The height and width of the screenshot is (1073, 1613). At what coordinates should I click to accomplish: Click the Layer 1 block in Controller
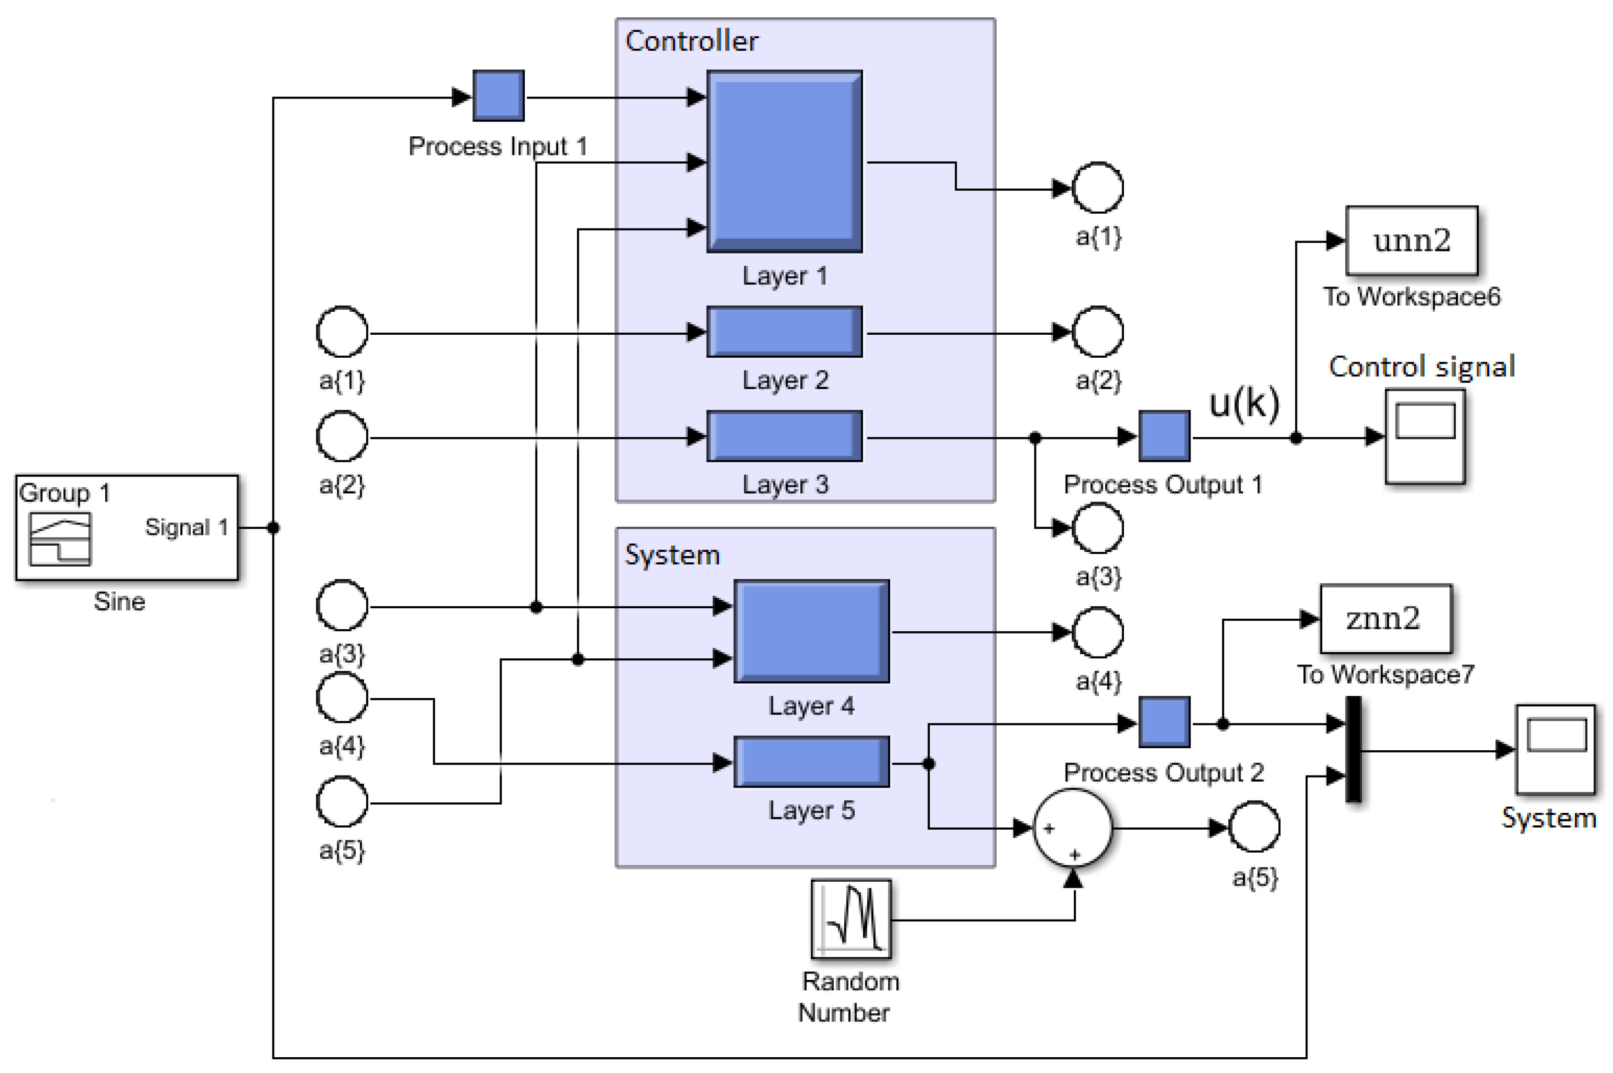784,162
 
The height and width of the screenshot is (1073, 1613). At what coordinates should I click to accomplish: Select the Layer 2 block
784,332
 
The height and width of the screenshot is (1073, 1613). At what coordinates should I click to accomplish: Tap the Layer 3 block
784,436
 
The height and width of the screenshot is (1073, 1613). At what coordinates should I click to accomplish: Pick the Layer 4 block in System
811,631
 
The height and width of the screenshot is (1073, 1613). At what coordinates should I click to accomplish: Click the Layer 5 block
811,762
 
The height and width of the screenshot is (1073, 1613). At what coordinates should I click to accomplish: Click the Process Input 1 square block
499,96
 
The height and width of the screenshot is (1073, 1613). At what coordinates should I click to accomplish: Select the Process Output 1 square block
1164,436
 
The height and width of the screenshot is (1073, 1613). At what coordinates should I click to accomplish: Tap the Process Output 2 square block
1164,722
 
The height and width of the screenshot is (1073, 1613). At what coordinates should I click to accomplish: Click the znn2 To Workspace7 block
1385,619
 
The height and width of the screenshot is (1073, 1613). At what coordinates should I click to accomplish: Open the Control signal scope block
1425,436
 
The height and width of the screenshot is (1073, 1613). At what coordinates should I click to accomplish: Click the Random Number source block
851,919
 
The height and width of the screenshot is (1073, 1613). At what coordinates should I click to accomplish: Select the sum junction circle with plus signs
1072,828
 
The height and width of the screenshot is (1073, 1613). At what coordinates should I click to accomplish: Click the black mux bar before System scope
1353,749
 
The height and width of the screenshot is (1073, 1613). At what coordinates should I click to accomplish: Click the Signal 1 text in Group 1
186,527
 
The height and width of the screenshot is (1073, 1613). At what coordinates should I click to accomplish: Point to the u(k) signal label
1243,403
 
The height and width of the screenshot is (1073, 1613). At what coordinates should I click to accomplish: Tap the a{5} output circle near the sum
1254,827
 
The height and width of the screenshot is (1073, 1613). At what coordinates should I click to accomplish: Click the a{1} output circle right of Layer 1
1097,187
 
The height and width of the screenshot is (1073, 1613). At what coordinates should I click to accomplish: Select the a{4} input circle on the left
342,697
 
